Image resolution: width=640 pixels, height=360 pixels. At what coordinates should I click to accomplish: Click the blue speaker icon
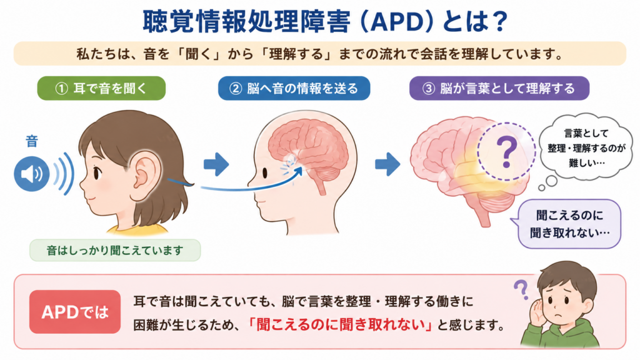point(31,174)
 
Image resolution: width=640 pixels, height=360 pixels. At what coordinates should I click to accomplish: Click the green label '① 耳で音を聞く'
point(101,88)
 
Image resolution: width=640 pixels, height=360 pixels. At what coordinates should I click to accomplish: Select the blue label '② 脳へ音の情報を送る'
point(294,88)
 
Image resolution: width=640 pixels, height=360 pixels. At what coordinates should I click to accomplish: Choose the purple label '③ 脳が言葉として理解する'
point(499,88)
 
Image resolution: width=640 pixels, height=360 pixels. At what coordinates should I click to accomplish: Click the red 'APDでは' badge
point(75,312)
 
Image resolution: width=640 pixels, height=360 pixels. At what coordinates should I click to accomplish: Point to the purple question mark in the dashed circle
point(506,152)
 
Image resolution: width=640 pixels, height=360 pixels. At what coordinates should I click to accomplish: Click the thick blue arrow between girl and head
point(216,164)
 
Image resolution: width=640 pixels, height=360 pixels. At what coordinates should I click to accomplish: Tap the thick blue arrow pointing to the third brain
point(387,164)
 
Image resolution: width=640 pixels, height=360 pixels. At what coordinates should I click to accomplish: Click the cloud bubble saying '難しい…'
point(585,147)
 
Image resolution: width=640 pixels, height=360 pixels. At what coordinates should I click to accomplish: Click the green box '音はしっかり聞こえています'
point(115,250)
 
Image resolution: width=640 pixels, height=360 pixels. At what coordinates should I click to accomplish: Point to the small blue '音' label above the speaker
point(32,141)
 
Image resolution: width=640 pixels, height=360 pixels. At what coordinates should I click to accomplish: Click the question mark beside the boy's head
point(521,289)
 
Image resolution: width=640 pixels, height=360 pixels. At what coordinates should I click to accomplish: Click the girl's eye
point(97,173)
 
